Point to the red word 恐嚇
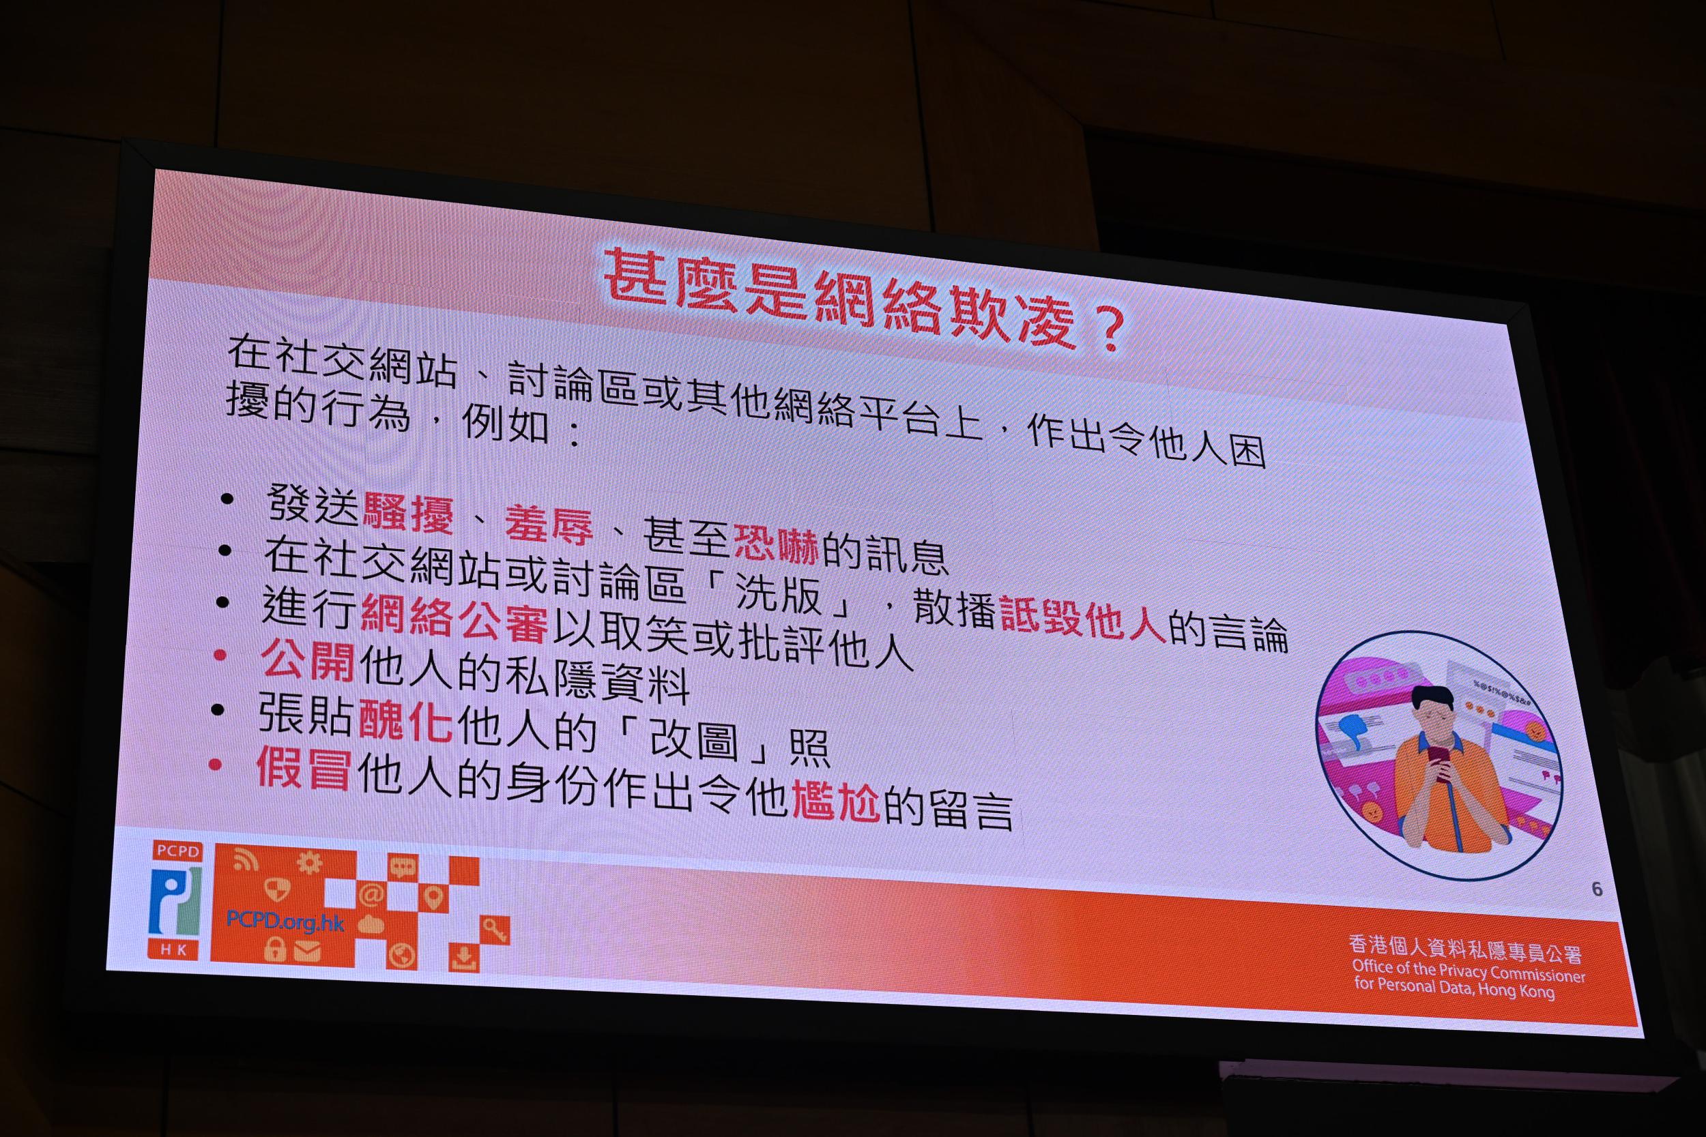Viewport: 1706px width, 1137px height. [776, 544]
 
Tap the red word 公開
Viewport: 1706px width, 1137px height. [308, 660]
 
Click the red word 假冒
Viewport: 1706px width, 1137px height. [304, 769]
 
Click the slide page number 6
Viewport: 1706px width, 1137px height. [1596, 889]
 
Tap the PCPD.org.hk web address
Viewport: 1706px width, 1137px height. [285, 921]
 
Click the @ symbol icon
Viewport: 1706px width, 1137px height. [371, 896]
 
